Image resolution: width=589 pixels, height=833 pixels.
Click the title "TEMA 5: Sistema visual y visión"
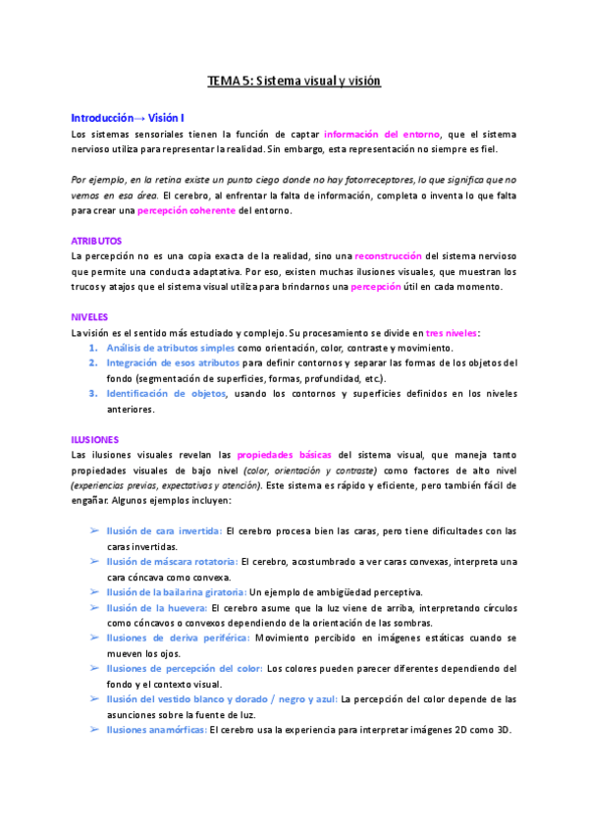[294, 82]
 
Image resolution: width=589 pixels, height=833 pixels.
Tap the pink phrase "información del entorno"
[383, 134]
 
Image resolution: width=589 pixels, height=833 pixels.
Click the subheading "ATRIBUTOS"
[96, 240]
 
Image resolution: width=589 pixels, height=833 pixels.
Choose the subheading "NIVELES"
[89, 317]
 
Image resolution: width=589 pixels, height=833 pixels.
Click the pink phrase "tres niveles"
[453, 333]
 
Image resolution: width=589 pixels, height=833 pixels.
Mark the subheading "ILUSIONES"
[95, 440]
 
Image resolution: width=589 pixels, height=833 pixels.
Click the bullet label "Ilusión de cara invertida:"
[164, 531]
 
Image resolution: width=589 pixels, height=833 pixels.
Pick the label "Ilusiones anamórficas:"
[156, 730]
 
